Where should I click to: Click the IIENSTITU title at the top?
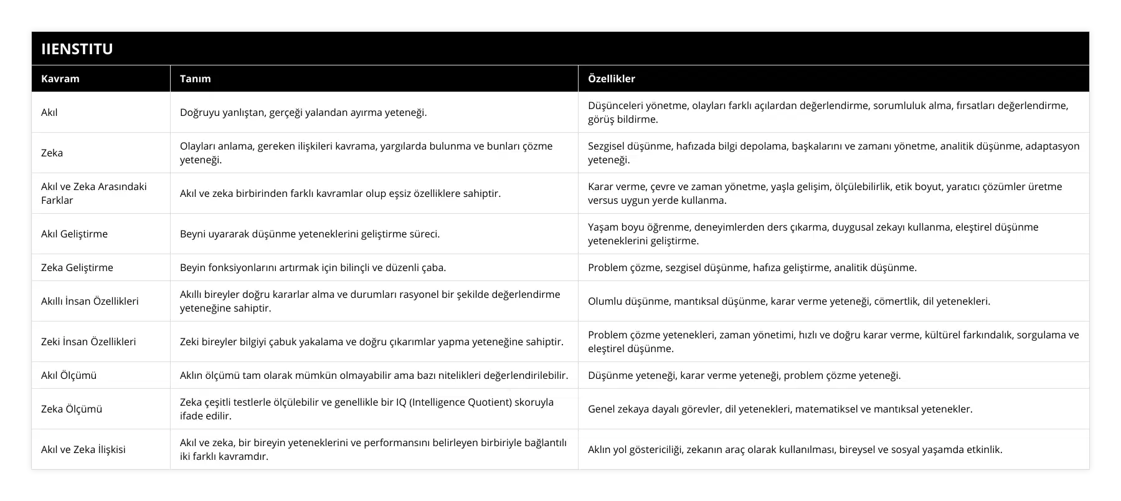point(77,49)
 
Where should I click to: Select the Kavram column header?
point(60,79)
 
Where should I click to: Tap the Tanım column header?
point(195,79)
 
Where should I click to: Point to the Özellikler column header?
point(611,79)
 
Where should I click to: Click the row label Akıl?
point(49,113)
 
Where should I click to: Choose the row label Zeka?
point(52,153)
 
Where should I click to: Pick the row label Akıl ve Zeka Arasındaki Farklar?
point(93,193)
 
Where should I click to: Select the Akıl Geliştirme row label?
point(74,234)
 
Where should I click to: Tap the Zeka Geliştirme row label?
point(77,267)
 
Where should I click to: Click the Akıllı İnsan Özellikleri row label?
point(90,301)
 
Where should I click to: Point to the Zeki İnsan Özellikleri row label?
point(88,341)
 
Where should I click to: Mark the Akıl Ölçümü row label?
point(69,375)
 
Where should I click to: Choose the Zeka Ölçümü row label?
point(71,409)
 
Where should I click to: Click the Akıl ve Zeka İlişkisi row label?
point(83,449)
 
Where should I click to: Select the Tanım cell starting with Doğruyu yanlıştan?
point(303,113)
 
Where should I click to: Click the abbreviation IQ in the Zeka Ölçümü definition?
point(402,402)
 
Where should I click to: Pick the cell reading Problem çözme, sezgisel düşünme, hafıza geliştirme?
point(752,267)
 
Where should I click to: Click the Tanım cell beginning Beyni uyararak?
point(310,234)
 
